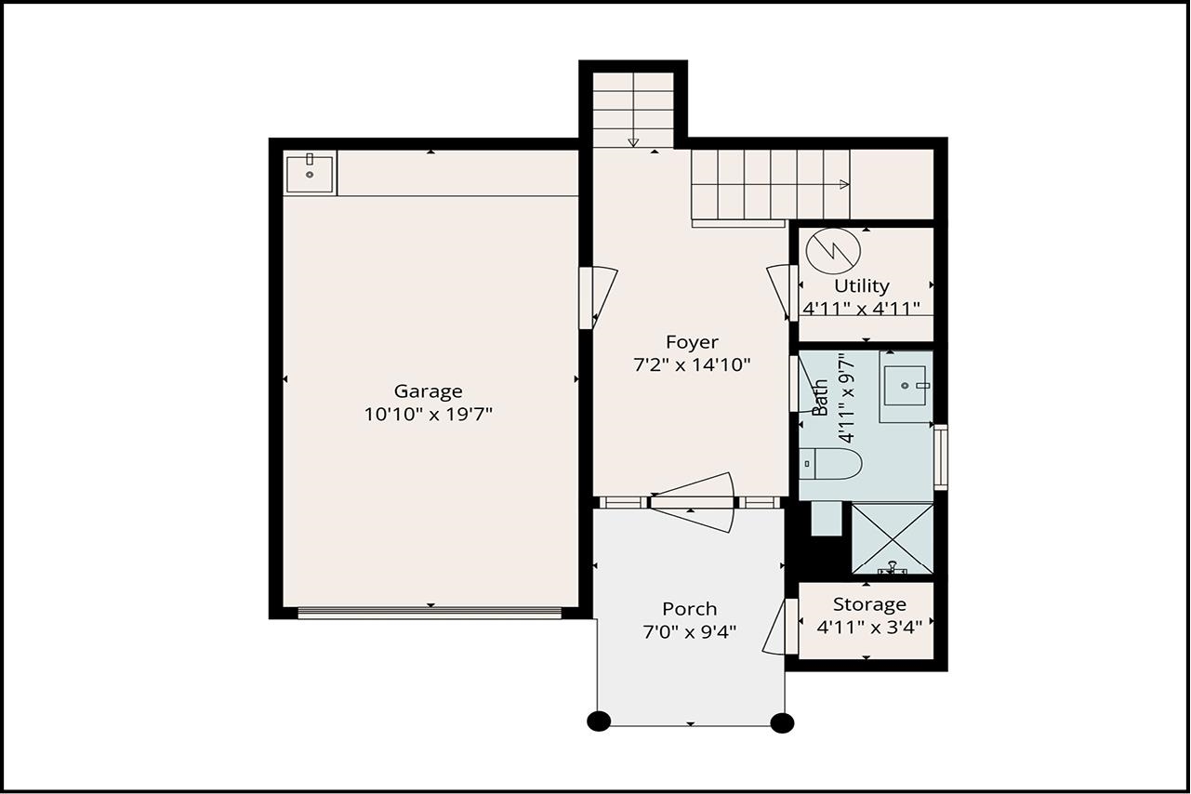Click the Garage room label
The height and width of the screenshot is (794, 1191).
(428, 391)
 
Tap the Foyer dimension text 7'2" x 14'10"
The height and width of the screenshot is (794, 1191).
(692, 364)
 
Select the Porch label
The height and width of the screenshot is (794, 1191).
(689, 609)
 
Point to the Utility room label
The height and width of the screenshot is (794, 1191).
(862, 286)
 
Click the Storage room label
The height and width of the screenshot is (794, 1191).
(869, 604)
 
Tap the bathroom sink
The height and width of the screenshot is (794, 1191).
(906, 385)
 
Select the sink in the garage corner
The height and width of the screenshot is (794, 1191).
(310, 172)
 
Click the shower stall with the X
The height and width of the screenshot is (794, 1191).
(893, 538)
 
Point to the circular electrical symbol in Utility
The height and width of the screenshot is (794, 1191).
(833, 250)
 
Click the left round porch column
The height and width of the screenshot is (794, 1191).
(599, 721)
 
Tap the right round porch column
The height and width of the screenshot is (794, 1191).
(782, 722)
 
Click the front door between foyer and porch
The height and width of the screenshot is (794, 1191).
(693, 503)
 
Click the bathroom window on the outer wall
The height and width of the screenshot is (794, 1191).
(941, 457)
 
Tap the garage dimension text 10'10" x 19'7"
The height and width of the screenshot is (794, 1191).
(428, 415)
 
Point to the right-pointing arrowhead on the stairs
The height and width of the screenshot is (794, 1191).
(844, 184)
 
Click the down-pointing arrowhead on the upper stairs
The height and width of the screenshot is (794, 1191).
(633, 142)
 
